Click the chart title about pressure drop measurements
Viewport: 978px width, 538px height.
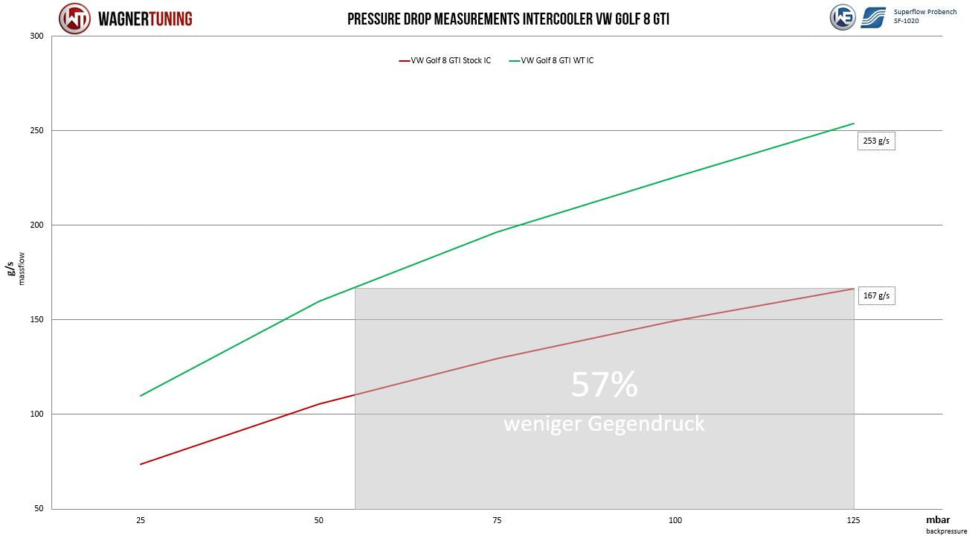508,19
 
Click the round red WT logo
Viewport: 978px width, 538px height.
74,19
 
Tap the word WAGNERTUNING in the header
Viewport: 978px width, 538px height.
146,19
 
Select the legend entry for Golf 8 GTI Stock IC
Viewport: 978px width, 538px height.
445,61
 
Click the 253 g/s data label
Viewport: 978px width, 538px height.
875,141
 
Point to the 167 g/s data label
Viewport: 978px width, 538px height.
875,296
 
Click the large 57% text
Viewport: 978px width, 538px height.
604,385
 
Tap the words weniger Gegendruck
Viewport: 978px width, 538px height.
604,424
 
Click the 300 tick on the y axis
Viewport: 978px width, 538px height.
36,36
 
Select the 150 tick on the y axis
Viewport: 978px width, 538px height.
36,320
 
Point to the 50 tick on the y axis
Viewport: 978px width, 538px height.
39,509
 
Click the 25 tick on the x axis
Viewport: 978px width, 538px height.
141,521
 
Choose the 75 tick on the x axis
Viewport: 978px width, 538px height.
497,521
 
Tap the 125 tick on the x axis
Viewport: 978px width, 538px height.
853,521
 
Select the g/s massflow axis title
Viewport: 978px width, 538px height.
16,269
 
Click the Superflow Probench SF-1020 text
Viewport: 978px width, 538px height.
924,16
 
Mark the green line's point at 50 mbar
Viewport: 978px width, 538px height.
319,301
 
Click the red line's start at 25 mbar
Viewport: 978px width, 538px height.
141,464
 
